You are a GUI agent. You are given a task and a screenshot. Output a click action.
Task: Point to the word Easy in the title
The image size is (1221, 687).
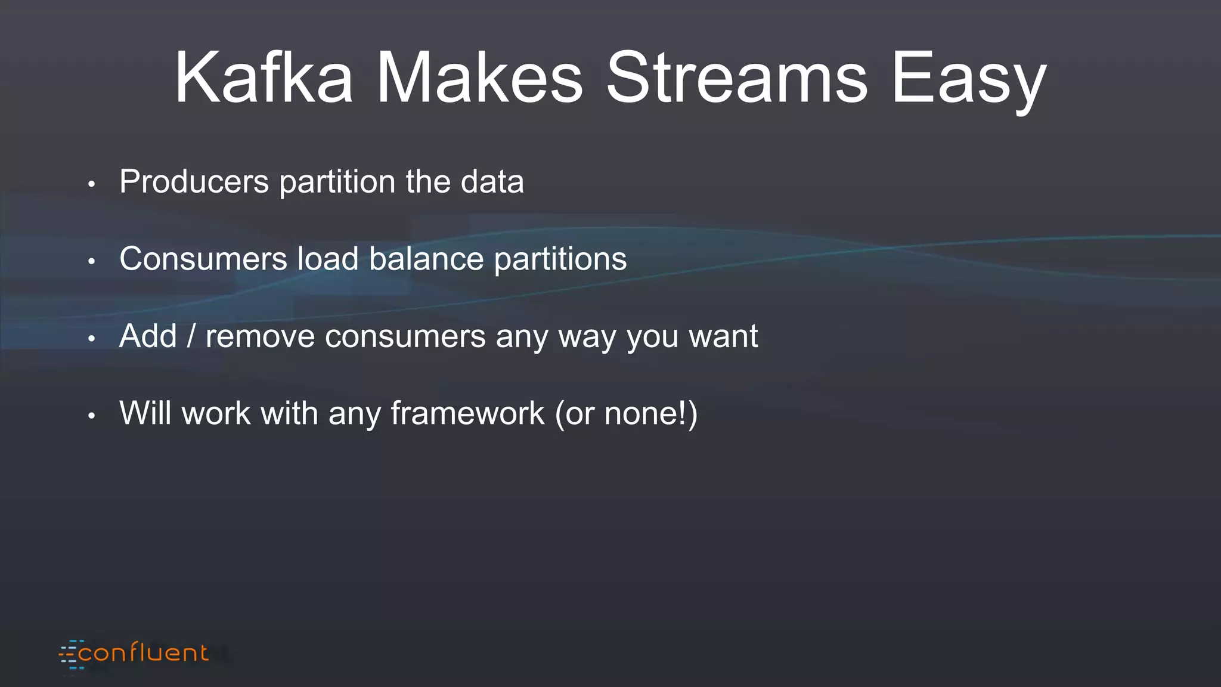(x=968, y=81)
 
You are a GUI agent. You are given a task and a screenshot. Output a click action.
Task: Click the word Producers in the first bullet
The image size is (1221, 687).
(x=194, y=181)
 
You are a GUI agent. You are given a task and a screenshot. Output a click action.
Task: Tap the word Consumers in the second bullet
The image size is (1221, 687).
(x=203, y=259)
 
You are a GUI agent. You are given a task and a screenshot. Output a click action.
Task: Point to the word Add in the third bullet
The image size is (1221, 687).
(x=148, y=336)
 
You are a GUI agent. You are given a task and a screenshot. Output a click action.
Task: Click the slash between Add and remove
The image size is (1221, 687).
(x=191, y=336)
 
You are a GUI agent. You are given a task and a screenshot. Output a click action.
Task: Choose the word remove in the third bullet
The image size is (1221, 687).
(x=260, y=337)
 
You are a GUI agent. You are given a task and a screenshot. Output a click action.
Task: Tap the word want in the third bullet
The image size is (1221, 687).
(x=723, y=337)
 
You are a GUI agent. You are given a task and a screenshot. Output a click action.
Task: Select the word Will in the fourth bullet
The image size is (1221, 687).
(x=145, y=413)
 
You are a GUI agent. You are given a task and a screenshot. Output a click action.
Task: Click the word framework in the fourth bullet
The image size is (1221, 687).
(x=467, y=413)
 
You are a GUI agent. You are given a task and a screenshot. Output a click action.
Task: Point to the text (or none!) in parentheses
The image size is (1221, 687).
(x=626, y=414)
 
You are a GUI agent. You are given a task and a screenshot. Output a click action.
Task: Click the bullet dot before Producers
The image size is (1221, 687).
(x=91, y=184)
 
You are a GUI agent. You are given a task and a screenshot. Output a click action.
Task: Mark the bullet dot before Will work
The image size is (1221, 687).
(x=91, y=416)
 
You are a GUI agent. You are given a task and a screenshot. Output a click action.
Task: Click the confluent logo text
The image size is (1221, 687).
(x=144, y=653)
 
